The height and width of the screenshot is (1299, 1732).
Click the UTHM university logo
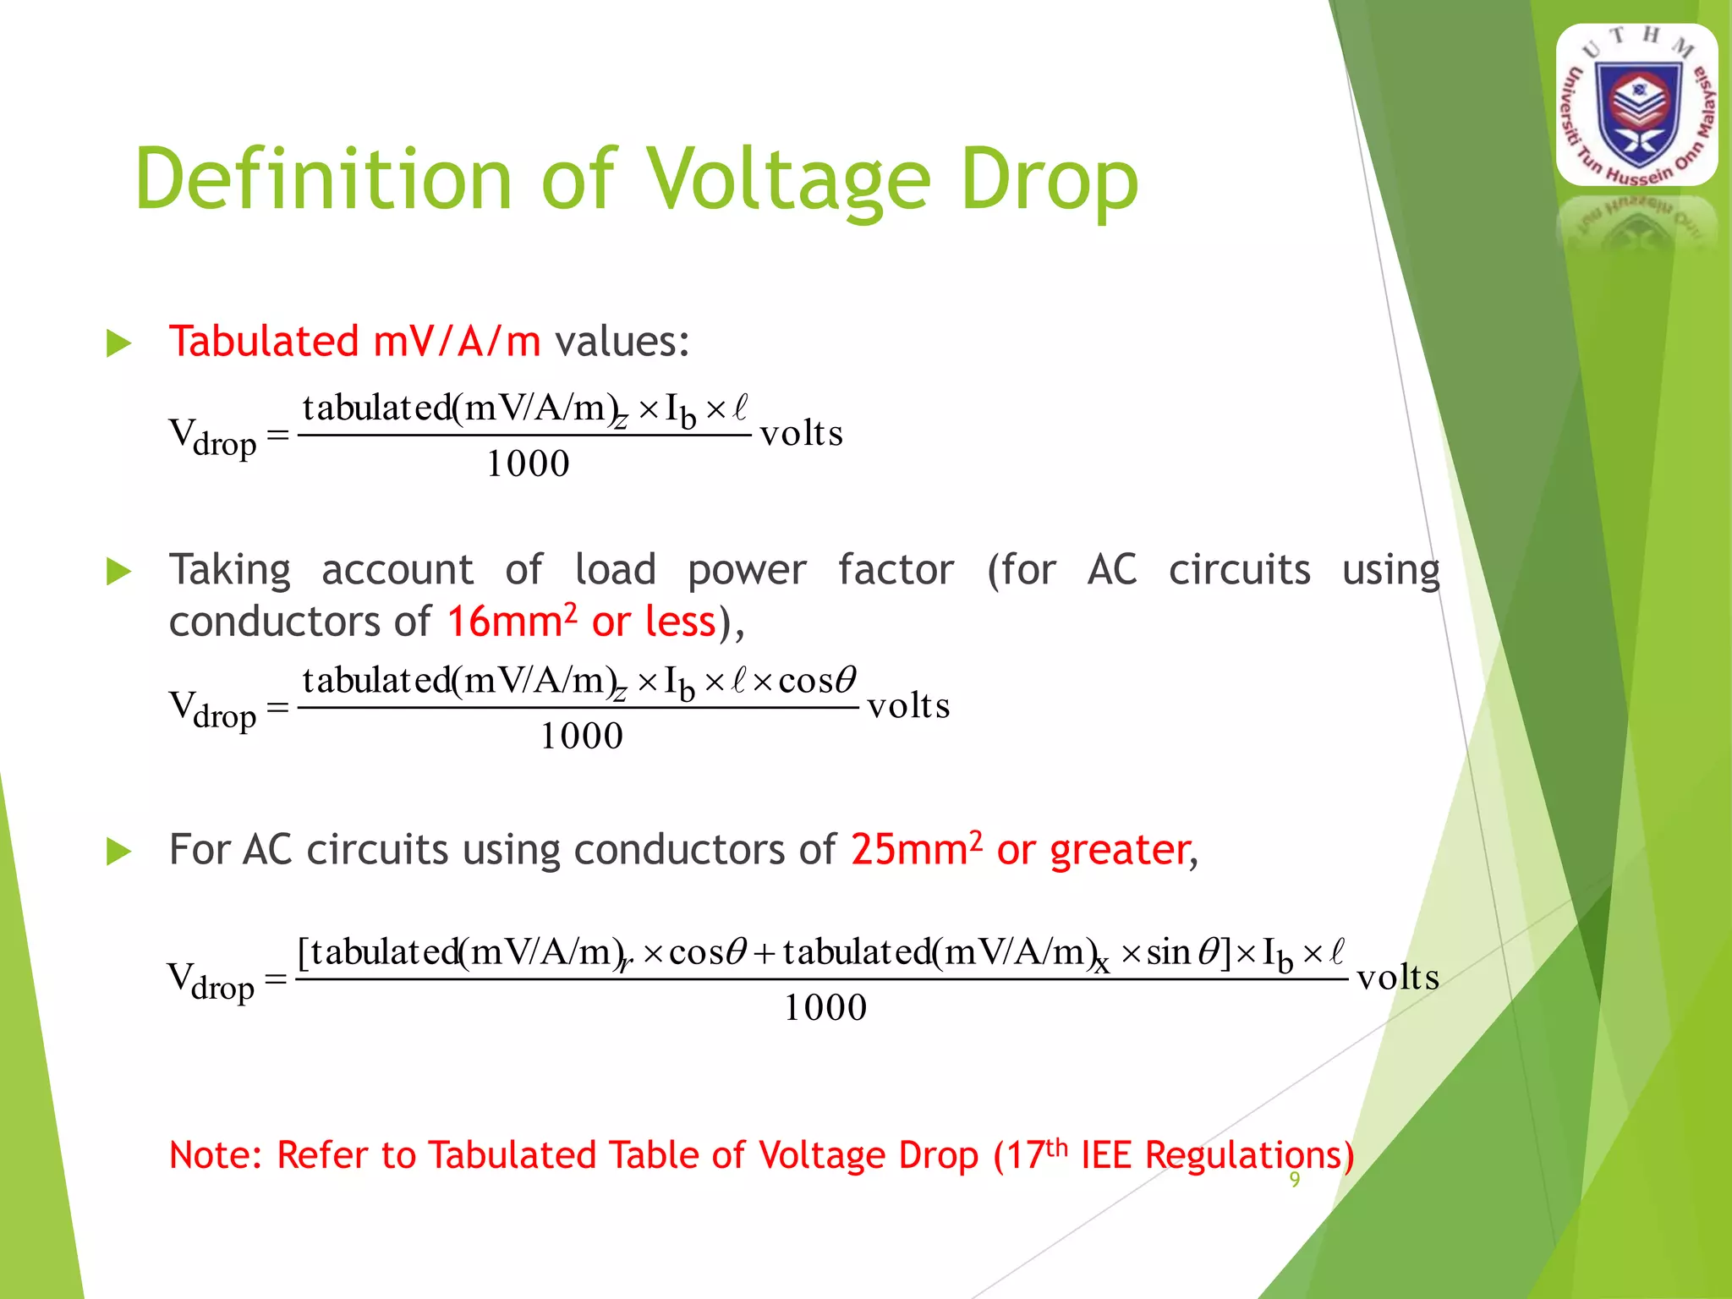click(x=1637, y=106)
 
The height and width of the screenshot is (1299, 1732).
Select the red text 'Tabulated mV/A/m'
click(x=354, y=342)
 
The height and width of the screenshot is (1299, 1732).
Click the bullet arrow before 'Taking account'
click(x=119, y=573)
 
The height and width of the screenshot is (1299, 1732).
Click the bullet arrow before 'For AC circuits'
click(x=119, y=852)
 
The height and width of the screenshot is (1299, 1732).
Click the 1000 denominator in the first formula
click(x=528, y=464)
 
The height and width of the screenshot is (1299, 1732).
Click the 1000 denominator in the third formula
click(x=825, y=1008)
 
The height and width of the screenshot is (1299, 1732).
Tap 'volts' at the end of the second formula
click(x=908, y=706)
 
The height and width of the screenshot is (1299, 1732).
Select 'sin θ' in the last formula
click(x=1182, y=953)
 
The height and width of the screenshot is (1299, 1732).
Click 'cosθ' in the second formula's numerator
click(x=817, y=681)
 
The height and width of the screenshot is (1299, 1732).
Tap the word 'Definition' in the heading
click(x=323, y=180)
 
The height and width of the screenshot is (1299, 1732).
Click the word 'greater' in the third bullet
click(x=1119, y=851)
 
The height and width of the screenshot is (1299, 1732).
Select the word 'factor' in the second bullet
click(x=896, y=570)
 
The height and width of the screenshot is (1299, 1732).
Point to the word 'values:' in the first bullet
click(x=622, y=342)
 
